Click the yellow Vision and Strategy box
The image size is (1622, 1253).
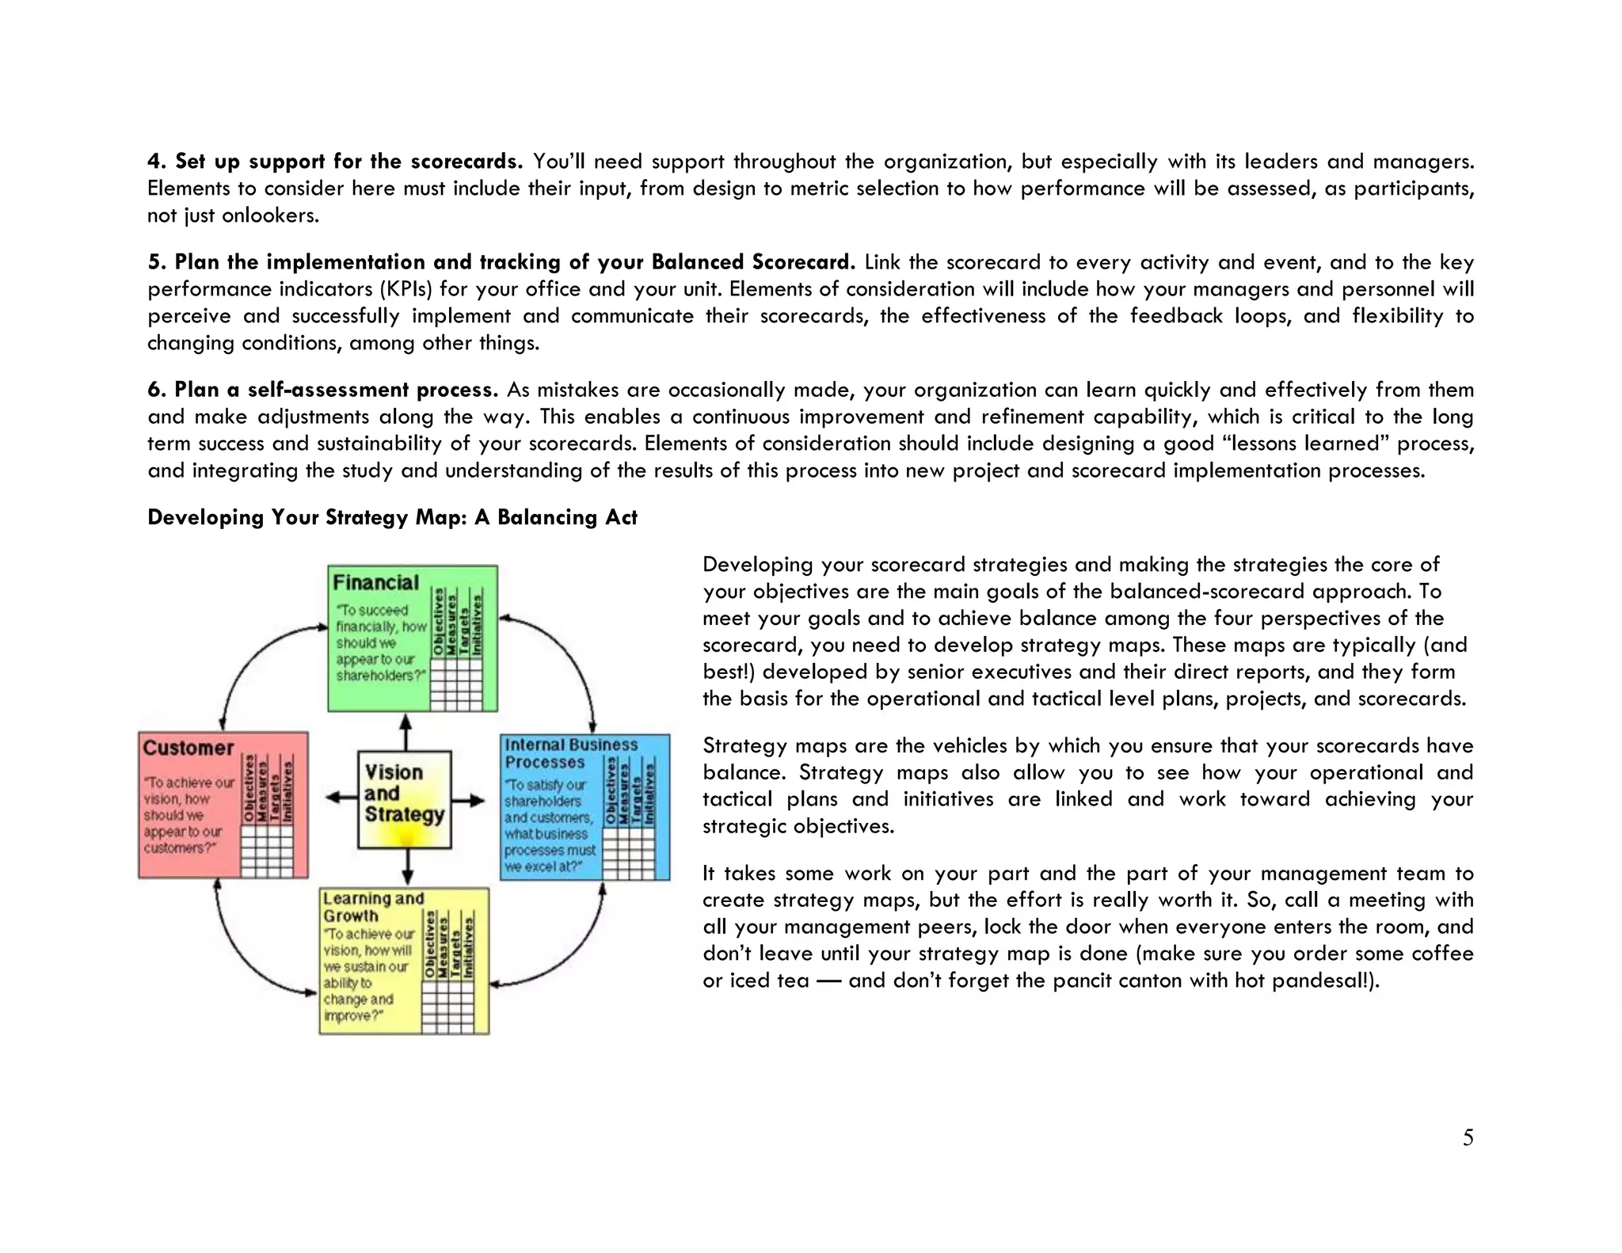click(x=404, y=799)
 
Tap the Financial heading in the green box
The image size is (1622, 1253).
click(x=375, y=583)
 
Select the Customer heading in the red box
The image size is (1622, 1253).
click(x=188, y=748)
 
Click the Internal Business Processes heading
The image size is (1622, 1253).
click(x=570, y=753)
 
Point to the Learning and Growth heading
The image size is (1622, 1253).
click(x=373, y=907)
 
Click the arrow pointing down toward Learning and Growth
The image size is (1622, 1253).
click(x=407, y=867)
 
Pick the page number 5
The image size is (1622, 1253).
click(x=1468, y=1138)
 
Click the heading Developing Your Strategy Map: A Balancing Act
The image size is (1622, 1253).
click(x=392, y=518)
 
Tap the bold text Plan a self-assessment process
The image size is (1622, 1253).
click(x=336, y=390)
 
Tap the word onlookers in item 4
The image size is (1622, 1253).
click(x=270, y=215)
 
